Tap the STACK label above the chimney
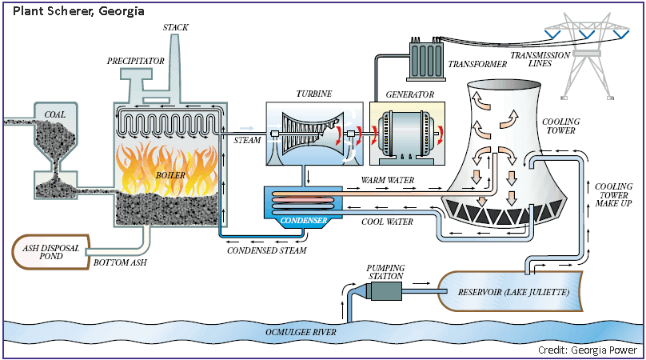175,27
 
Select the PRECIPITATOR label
135,61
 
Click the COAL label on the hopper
55,114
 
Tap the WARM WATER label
389,181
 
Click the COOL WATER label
389,222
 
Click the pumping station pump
386,291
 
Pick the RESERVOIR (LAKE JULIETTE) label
513,293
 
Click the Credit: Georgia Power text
589,350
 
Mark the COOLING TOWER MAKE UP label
612,195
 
